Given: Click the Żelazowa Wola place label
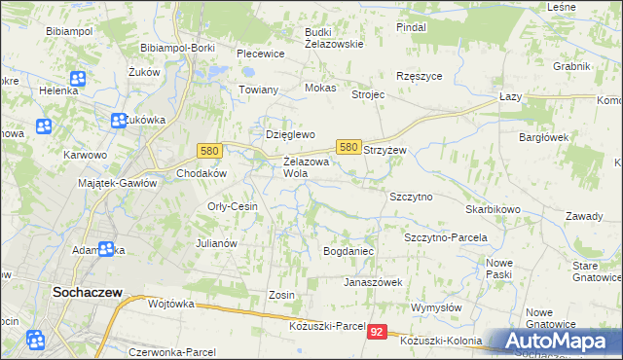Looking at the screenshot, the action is (303, 167).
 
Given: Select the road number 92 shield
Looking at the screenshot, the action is (379, 332).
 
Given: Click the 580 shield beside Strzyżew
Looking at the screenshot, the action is (349, 146).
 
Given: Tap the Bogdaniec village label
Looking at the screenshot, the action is (348, 251).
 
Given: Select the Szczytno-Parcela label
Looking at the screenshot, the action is (445, 237).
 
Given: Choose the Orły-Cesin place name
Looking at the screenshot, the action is (233, 206).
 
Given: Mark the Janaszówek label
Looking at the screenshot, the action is (372, 282).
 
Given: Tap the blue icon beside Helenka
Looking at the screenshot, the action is (76, 78).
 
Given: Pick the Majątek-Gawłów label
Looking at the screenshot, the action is (117, 183).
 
